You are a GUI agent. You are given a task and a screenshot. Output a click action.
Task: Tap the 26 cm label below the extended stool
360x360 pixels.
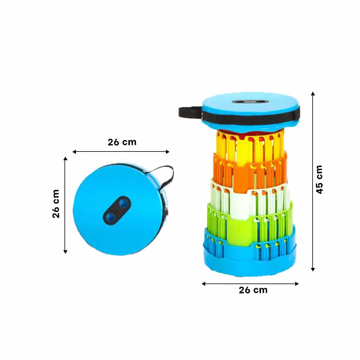click(253, 290)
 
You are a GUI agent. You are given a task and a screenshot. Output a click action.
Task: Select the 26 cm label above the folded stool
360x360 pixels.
click(122, 142)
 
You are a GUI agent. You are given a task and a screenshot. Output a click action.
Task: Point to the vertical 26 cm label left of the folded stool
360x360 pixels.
click(56, 204)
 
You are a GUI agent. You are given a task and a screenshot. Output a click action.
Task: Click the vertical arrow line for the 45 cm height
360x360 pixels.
click(313, 181)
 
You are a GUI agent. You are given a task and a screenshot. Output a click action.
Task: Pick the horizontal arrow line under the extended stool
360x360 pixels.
click(250, 284)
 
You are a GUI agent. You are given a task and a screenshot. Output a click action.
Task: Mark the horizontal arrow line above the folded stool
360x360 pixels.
click(121, 152)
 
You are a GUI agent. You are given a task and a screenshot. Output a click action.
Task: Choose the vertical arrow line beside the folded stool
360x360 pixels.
click(65, 205)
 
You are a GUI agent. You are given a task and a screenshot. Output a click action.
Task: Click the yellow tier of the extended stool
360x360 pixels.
click(250, 146)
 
